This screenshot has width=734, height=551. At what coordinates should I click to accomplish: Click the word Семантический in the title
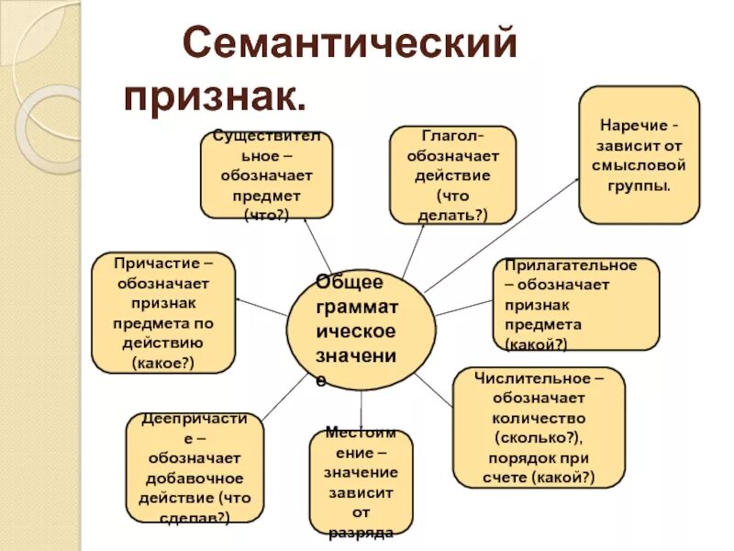[x=351, y=43]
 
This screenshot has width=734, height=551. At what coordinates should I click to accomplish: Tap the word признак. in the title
[x=215, y=96]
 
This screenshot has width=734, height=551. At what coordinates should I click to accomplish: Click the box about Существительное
[x=266, y=174]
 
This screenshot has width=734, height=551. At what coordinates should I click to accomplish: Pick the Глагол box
[x=452, y=174]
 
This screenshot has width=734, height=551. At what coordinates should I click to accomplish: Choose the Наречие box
[x=639, y=154]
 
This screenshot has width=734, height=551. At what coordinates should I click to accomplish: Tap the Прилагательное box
[x=575, y=304]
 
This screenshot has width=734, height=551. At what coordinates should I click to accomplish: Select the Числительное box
[x=538, y=427]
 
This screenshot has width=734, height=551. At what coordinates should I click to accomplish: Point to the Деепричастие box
[x=194, y=467]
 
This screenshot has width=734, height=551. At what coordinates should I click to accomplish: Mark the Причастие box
[x=163, y=312]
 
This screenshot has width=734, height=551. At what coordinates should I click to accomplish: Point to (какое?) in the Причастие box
[x=163, y=363]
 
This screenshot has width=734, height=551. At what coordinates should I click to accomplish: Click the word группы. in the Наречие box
[x=639, y=185]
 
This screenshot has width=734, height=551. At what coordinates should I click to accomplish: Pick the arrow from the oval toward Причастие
[x=261, y=307]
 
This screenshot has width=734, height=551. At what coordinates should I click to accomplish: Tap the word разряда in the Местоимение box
[x=360, y=532]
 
